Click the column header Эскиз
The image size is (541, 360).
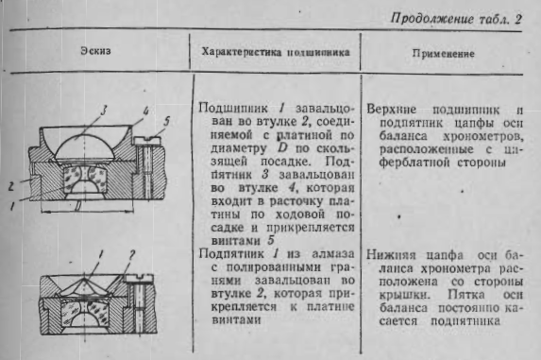pyautogui.click(x=96, y=51)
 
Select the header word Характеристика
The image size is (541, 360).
pyautogui.click(x=241, y=52)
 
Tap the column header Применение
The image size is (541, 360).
pyautogui.click(x=444, y=54)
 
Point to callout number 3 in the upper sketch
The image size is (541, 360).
pyautogui.click(x=103, y=111)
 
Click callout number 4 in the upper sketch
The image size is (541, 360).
pyautogui.click(x=145, y=111)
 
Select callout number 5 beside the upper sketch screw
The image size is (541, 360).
pyautogui.click(x=167, y=121)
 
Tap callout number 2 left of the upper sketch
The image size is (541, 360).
pyautogui.click(x=11, y=186)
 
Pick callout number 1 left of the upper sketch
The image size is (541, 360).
pyautogui.click(x=12, y=206)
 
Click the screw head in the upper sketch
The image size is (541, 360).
pyautogui.click(x=147, y=140)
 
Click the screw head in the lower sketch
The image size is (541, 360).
pyautogui.click(x=140, y=278)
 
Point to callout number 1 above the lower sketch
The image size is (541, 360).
pyautogui.click(x=101, y=255)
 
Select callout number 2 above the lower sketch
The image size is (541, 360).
pyautogui.click(x=132, y=255)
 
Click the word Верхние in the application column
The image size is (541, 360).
pyautogui.click(x=391, y=110)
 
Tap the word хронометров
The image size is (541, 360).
pyautogui.click(x=483, y=136)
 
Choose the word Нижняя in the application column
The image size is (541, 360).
pyautogui.click(x=390, y=255)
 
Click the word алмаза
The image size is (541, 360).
pyautogui.click(x=333, y=253)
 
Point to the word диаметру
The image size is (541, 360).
pyautogui.click(x=239, y=148)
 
